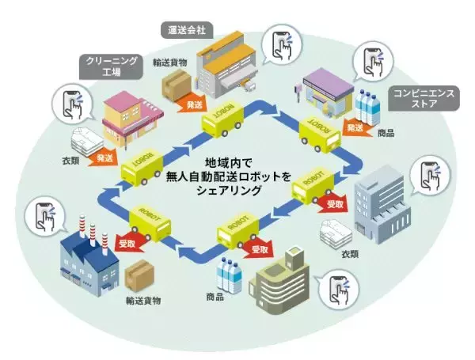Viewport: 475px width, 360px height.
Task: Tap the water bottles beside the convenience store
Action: [370, 107]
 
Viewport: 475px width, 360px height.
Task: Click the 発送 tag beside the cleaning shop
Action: [105, 157]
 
